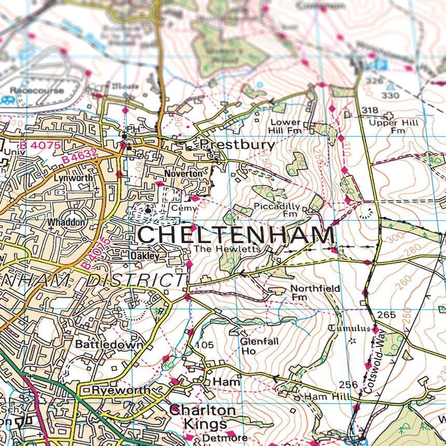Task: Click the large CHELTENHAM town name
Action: point(236,235)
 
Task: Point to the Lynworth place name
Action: point(73,177)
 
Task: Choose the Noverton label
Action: point(183,174)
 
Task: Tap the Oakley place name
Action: point(145,256)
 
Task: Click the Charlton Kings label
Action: point(202,417)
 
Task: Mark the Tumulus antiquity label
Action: point(350,328)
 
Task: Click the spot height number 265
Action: point(386,315)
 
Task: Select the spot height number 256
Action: point(349,384)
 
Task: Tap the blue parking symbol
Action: point(381,65)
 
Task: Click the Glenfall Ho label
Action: point(252,346)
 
